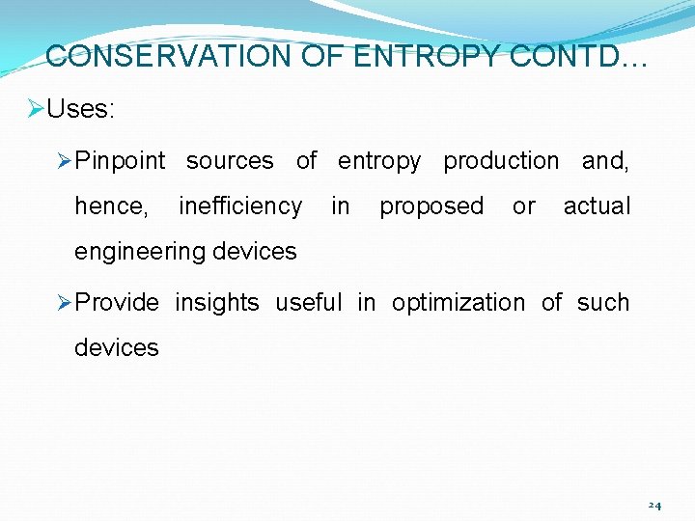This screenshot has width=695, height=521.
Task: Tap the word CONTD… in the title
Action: [579, 56]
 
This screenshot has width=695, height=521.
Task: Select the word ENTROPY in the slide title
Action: [428, 56]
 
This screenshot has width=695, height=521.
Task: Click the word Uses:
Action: [80, 109]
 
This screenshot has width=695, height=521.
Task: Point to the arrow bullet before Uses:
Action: [36, 109]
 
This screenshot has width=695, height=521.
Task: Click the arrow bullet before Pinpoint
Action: [65, 161]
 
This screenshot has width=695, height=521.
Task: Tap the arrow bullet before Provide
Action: [65, 303]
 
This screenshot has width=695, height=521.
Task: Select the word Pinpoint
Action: [120, 161]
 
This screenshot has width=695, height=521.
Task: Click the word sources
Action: [230, 161]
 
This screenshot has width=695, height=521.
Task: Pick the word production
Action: [501, 161]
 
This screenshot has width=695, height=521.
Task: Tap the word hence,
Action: [112, 206]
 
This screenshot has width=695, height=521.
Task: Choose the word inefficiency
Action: [240, 206]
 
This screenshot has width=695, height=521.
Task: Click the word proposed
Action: [431, 206]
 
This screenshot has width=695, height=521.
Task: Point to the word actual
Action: [597, 206]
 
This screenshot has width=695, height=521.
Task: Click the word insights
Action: [217, 303]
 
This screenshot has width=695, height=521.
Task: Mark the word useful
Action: [309, 303]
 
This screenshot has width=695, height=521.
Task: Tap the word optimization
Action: [459, 303]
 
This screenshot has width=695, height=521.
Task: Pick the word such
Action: [603, 303]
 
